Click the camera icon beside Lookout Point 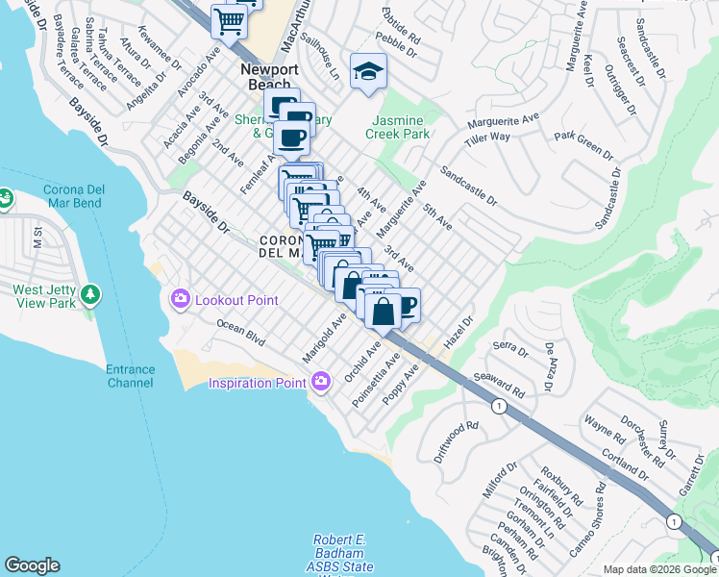180,300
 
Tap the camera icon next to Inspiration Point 321,383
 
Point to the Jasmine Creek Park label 397,128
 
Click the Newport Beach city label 268,77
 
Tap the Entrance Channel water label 130,376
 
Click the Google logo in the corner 32,565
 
